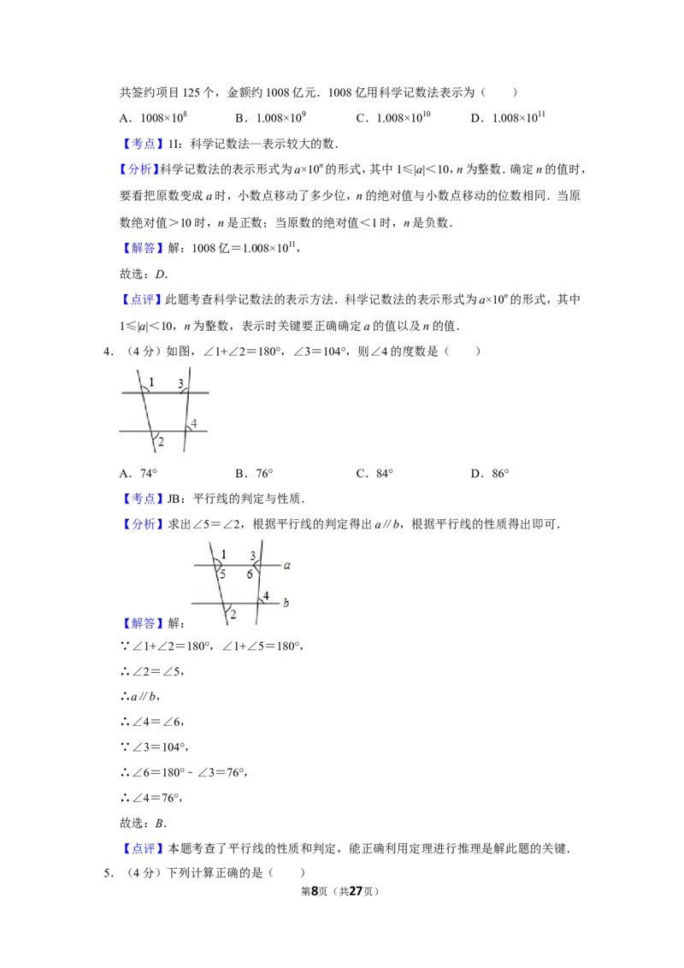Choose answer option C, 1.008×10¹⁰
[x=393, y=117]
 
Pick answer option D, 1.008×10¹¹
[x=508, y=117]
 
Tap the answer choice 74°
[x=139, y=474]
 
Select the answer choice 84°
[x=374, y=474]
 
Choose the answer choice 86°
[x=490, y=474]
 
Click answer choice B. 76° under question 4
[x=254, y=474]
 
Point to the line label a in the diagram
[x=287, y=565]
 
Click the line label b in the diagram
[x=286, y=602]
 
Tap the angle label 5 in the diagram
[x=223, y=574]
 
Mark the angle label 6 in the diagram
[x=250, y=574]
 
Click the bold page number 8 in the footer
[x=315, y=891]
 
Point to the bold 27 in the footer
[x=356, y=891]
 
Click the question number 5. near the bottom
[x=108, y=873]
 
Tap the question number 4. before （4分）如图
[x=108, y=351]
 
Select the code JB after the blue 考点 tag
[x=174, y=499]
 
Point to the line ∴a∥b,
[x=140, y=696]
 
